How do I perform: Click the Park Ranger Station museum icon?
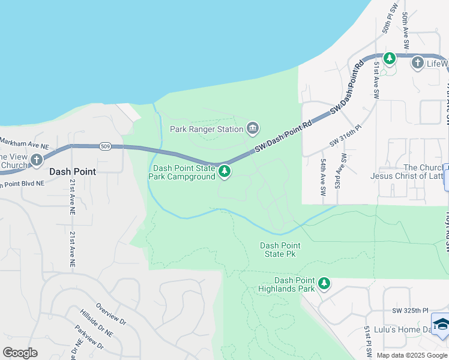tap(253, 128)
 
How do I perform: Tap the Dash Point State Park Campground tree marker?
tap(224, 172)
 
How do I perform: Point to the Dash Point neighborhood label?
tap(72, 171)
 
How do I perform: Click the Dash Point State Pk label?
tap(280, 250)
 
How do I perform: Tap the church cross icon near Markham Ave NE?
tap(37, 160)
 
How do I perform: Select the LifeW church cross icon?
tap(418, 62)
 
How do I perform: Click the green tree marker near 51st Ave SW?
tap(389, 58)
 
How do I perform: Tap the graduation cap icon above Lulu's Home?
tap(441, 325)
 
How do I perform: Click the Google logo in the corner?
tap(20, 353)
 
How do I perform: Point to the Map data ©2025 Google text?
tap(412, 355)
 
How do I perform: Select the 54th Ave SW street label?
tap(323, 172)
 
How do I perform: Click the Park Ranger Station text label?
tap(206, 128)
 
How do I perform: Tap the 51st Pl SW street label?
tap(366, 338)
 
